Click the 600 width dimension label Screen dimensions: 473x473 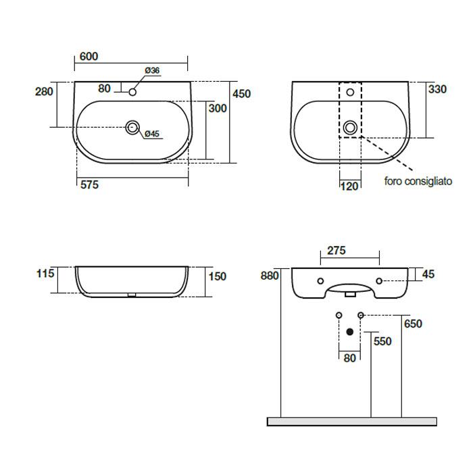89,56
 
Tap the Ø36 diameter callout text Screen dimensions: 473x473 152,70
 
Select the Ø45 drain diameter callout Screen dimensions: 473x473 152,134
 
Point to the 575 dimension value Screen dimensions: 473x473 89,184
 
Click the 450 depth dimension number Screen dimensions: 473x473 242,94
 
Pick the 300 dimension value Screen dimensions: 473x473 218,108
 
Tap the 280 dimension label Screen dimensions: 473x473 44,91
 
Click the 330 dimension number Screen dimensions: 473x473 437,89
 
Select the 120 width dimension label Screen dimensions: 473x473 349,186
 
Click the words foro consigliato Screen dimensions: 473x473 418,181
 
